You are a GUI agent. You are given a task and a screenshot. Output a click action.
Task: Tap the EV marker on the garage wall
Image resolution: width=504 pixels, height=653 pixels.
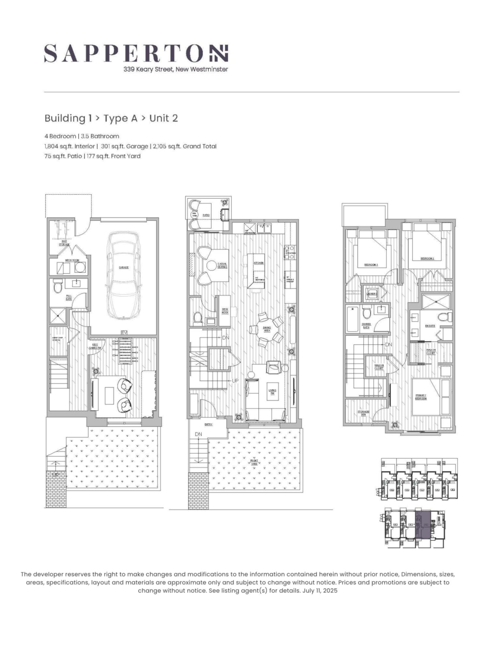point(124,332)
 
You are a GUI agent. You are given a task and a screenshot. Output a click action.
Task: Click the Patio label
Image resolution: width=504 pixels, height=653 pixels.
point(206,215)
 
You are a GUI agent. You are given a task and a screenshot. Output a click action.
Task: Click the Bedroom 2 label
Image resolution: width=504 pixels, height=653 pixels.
point(427,259)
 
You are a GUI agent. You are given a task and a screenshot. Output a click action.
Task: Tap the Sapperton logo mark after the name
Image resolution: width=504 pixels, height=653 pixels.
point(220,53)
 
